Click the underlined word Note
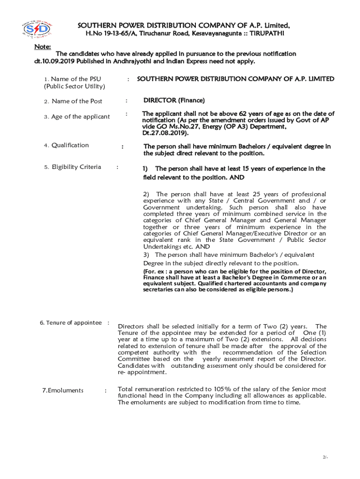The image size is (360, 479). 43,47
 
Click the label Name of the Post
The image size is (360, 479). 77,101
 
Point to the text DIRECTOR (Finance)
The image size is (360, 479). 174,100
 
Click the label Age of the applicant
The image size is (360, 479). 80,116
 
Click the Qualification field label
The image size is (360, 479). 70,145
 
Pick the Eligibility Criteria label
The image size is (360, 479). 76,167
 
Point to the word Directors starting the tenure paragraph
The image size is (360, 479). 132,326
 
